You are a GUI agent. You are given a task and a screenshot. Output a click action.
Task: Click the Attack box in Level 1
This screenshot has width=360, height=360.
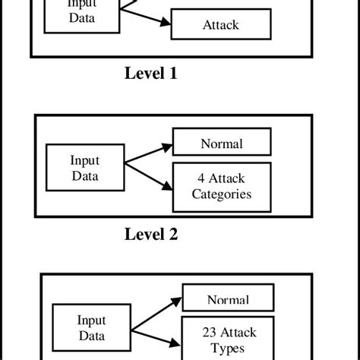tap(220, 24)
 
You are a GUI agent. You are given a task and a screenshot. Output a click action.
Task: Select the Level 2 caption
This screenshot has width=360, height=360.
tap(150, 234)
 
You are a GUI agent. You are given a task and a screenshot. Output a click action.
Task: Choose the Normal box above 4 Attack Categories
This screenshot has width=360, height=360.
tap(221, 143)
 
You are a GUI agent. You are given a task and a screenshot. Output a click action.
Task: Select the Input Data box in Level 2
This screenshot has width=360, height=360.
tap(84, 168)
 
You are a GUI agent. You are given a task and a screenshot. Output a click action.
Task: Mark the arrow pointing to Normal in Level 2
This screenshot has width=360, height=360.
tap(148, 151)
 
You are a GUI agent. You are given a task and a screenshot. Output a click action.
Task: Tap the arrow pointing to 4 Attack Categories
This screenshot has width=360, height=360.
tap(148, 175)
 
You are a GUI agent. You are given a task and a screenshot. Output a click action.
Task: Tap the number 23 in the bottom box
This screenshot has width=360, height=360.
tap(210, 332)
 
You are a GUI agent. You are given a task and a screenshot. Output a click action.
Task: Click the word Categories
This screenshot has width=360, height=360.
tap(221, 193)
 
